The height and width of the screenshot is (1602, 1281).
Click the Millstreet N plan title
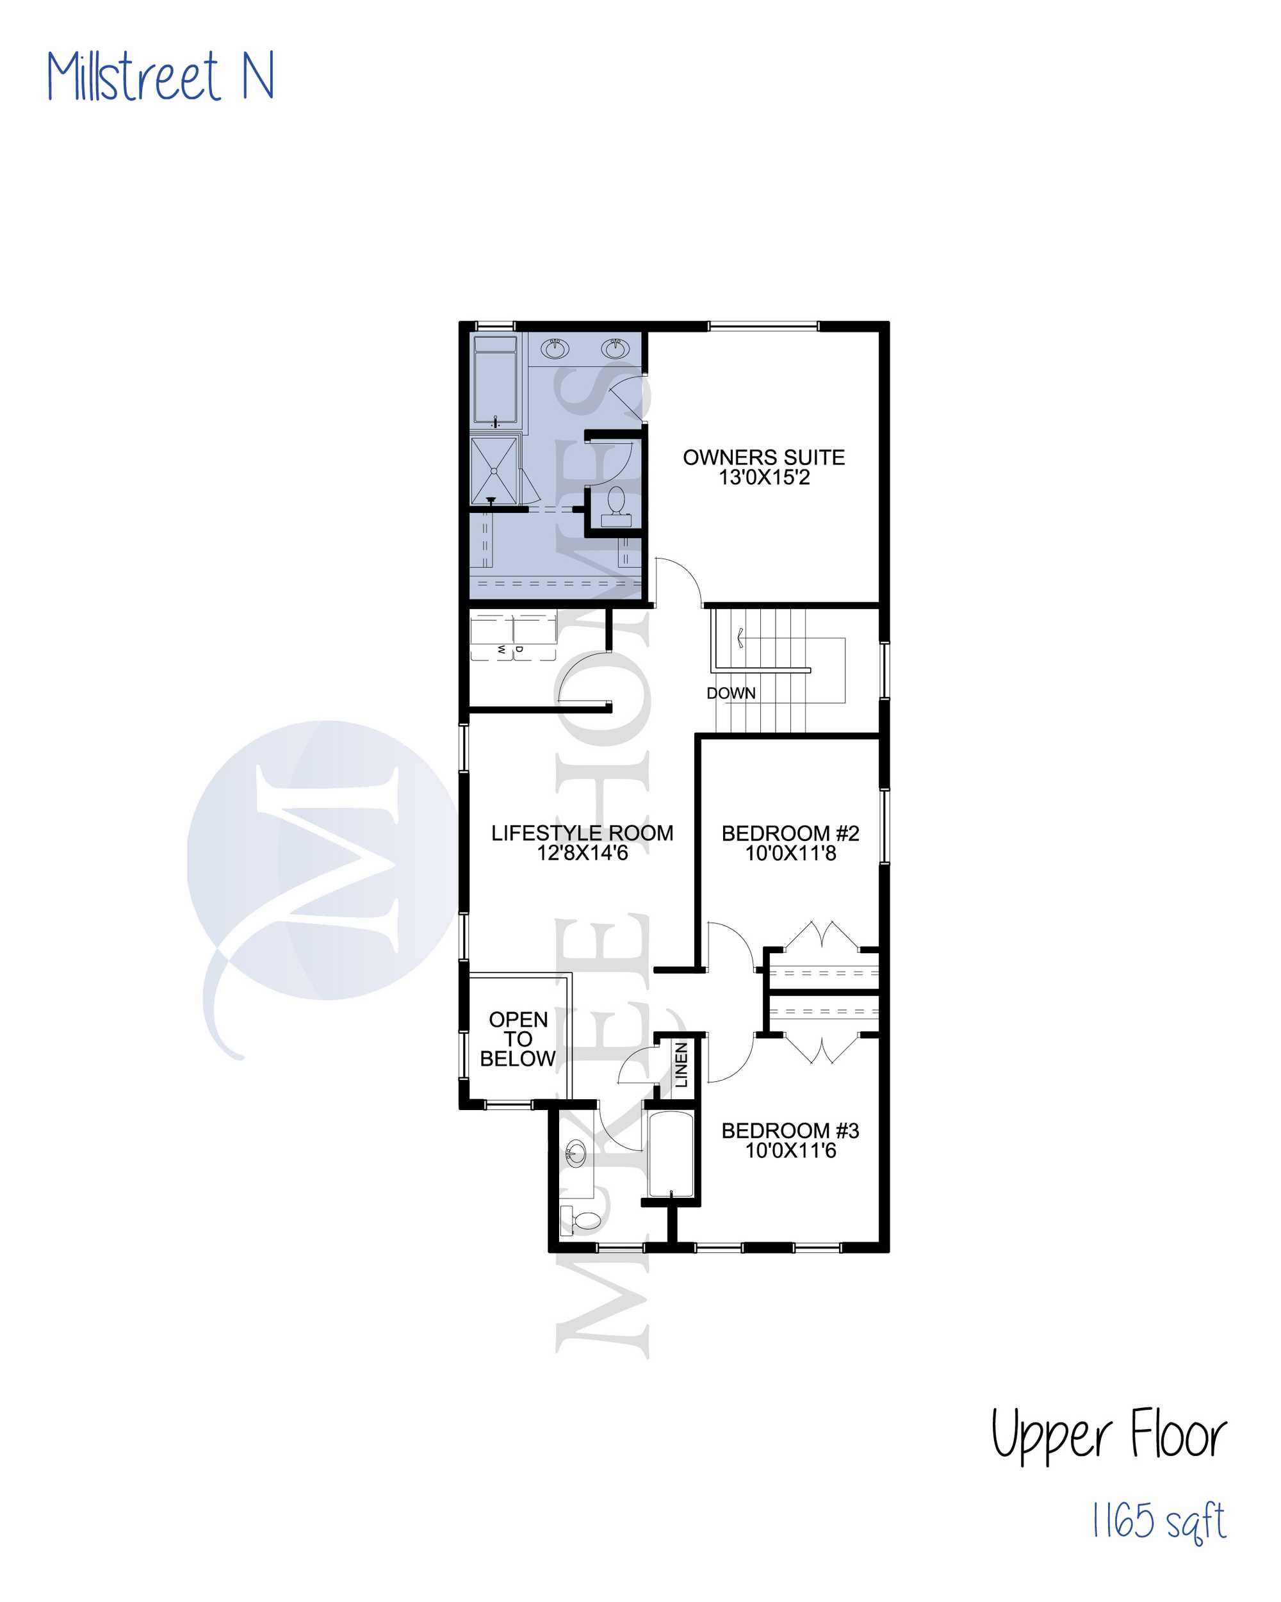tap(161, 76)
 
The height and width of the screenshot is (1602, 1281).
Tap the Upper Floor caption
tap(1108, 1434)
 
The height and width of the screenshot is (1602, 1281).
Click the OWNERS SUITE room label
tap(764, 457)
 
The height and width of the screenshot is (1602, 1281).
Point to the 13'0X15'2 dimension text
tap(764, 477)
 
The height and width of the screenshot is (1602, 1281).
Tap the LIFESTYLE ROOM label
tap(583, 833)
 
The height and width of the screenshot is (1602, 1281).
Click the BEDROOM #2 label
tap(790, 833)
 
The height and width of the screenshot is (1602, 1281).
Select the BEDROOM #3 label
tap(790, 1130)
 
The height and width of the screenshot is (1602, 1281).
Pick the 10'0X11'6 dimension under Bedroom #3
tap(790, 1150)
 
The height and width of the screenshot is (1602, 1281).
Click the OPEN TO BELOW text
tap(518, 1039)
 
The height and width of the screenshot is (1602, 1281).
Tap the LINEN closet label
tap(681, 1064)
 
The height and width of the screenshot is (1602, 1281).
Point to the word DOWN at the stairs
tap(731, 692)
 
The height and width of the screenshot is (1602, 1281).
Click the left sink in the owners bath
tap(554, 348)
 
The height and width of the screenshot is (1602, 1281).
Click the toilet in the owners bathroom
tap(616, 506)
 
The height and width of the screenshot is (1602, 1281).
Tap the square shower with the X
tap(494, 470)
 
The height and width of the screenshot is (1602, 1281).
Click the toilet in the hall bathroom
tap(580, 1220)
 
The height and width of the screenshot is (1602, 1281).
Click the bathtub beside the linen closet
tap(671, 1154)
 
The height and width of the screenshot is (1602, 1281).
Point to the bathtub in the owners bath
tap(495, 380)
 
